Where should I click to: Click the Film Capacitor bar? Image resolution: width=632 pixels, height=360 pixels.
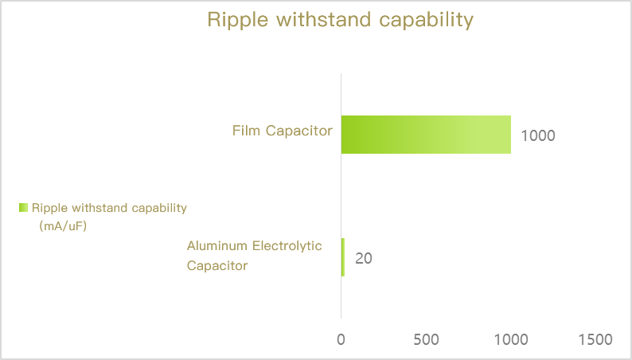tap(426, 135)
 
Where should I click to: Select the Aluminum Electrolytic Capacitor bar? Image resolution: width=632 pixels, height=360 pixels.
tap(343, 257)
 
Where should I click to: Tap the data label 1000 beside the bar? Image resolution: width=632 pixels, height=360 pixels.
tap(538, 136)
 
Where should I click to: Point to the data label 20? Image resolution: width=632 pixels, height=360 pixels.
tap(364, 258)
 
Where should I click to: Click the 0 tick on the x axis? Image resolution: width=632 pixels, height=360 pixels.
tap(341, 340)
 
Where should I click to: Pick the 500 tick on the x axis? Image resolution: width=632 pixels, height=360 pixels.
tap(426, 340)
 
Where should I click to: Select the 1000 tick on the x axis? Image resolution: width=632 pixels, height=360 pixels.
tap(511, 340)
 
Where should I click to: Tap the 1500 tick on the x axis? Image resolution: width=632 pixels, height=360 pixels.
tap(595, 340)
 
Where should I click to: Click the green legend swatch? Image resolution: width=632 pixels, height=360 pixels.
tap(23, 208)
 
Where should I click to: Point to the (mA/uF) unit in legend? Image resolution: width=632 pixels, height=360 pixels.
tap(64, 225)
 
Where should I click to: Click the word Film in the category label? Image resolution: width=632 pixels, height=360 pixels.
tap(246, 131)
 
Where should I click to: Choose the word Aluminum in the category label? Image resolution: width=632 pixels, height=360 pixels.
tap(217, 245)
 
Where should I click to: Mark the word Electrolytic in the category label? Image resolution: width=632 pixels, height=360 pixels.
tap(287, 246)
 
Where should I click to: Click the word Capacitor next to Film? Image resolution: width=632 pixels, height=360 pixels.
tap(299, 131)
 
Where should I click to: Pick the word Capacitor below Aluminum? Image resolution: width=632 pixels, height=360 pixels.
tap(217, 266)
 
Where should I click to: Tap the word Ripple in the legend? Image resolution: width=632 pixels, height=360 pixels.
tap(49, 209)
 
